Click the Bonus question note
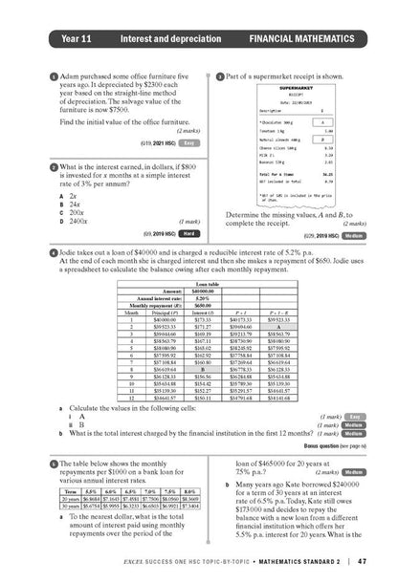click(x=335, y=446)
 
